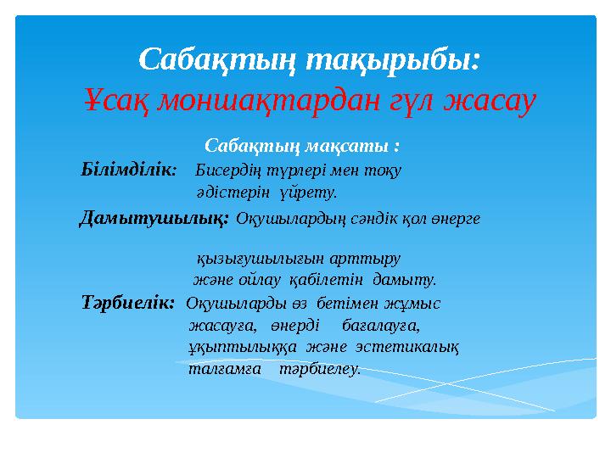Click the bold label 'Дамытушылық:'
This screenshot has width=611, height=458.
154,218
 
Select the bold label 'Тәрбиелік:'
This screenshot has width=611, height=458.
128,302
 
